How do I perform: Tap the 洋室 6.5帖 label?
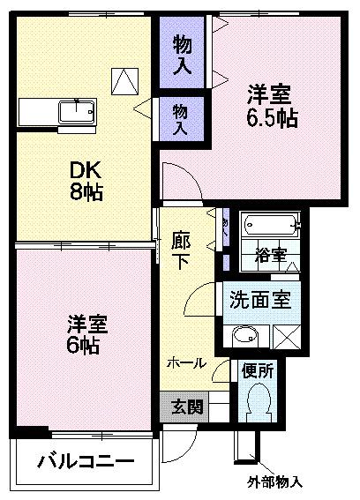click(x=270, y=105)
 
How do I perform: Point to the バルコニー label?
click(x=85, y=462)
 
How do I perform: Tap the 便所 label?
click(x=258, y=371)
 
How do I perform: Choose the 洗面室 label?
click(x=259, y=298)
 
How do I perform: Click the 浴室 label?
click(x=271, y=256)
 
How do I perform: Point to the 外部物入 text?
click(x=274, y=481)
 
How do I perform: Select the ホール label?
click(x=187, y=362)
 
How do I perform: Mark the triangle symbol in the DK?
click(x=125, y=81)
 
